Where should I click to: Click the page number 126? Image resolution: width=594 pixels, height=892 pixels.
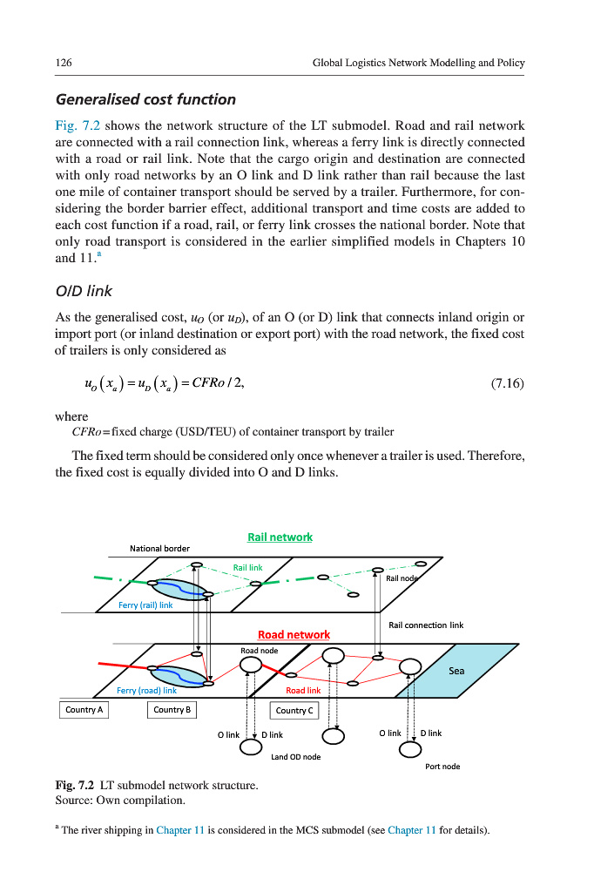pyautogui.click(x=63, y=63)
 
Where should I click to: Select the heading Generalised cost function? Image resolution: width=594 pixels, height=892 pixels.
pyautogui.click(x=145, y=99)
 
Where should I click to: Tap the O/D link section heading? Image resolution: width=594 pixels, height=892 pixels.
pyautogui.click(x=84, y=290)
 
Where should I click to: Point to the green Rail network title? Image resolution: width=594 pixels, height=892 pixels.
pyautogui.click(x=280, y=537)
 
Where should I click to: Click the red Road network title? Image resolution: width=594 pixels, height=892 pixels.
pyautogui.click(x=294, y=634)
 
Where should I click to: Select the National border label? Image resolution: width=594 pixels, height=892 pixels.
pyautogui.click(x=159, y=548)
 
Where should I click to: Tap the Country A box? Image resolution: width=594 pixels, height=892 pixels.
pyautogui.click(x=84, y=710)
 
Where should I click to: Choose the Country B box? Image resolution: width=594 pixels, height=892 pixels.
pyautogui.click(x=172, y=710)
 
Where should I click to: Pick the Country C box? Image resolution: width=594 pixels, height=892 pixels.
pyautogui.click(x=294, y=711)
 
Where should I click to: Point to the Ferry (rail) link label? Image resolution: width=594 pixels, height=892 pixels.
pyautogui.click(x=145, y=605)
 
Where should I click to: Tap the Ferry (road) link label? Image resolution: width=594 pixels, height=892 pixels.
pyautogui.click(x=146, y=690)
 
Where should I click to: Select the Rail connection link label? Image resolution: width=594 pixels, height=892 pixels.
pyautogui.click(x=426, y=625)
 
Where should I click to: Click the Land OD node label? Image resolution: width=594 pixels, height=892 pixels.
pyautogui.click(x=295, y=757)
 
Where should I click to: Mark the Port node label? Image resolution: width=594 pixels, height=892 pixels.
pyautogui.click(x=442, y=767)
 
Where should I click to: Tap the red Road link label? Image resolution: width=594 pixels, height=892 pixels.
pyautogui.click(x=303, y=690)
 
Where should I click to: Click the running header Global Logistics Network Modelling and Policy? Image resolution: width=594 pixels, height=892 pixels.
pyautogui.click(x=418, y=63)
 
